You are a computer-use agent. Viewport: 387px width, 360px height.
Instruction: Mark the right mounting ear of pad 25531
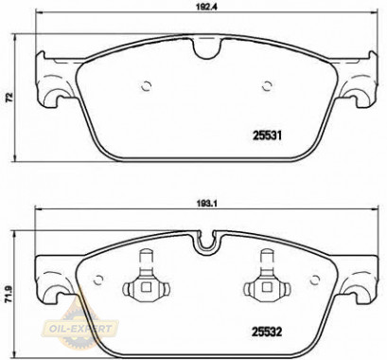357,82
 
